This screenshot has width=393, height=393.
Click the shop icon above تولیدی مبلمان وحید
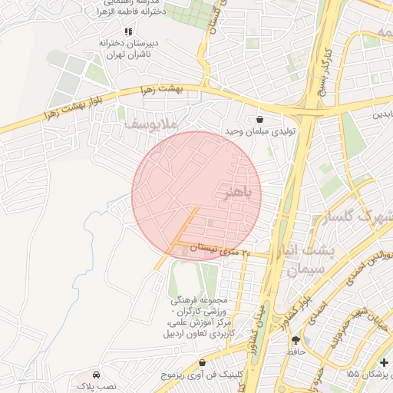pyautogui.click(x=259, y=119)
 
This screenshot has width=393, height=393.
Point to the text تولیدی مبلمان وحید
pyautogui.click(x=259, y=132)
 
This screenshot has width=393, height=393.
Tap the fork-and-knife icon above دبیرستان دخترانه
pyautogui.click(x=128, y=31)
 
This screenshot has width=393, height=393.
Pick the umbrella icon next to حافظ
pyautogui.click(x=296, y=340)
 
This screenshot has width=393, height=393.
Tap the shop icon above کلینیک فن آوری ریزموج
pyautogui.click(x=202, y=362)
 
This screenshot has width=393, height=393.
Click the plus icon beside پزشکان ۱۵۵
pyautogui.click(x=384, y=362)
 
